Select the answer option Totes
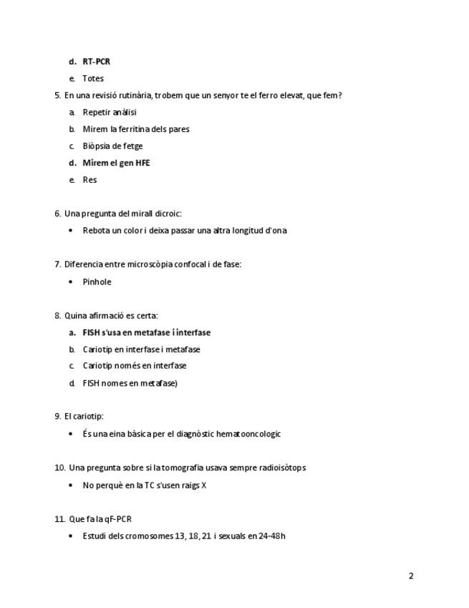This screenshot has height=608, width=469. click(x=93, y=79)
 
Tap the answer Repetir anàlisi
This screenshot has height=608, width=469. click(x=110, y=113)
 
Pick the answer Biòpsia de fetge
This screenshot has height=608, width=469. click(x=112, y=146)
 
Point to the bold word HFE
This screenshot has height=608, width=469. click(x=142, y=163)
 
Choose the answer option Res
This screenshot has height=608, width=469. click(x=90, y=180)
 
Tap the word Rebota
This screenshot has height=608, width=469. click(x=96, y=231)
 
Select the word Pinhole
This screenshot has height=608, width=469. click(x=97, y=282)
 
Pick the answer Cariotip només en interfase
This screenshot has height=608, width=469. click(x=135, y=366)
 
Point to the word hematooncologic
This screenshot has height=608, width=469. click(x=249, y=434)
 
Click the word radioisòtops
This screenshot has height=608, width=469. click(x=278, y=468)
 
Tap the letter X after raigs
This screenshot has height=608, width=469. click(x=204, y=485)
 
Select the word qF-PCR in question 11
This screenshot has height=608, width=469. click(x=117, y=519)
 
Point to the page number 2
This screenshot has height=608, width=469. click(x=411, y=576)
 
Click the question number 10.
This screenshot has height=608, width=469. click(x=59, y=468)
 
